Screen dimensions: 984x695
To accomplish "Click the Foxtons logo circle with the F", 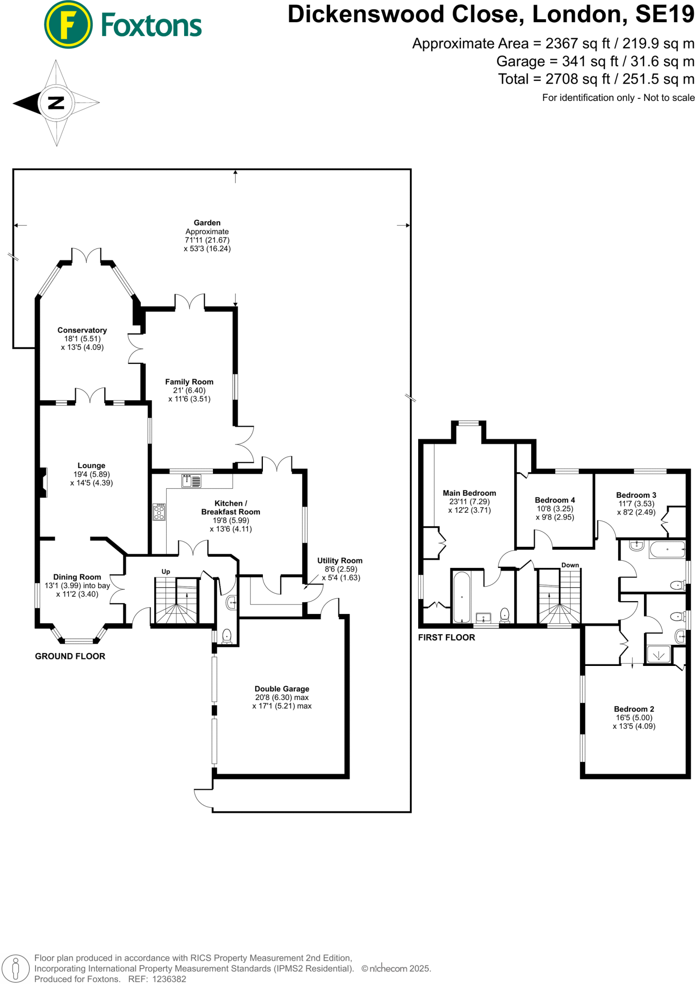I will coord(68,25).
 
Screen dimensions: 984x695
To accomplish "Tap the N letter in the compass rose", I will coord(56,102).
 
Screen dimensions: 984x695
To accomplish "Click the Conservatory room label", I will coord(82,330).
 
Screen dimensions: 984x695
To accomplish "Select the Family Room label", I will coord(189,382).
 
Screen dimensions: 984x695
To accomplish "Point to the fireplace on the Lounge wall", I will coord(43,482).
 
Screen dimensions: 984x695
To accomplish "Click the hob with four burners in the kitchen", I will coord(159,512).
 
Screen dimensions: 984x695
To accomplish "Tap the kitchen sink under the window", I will coord(191,480).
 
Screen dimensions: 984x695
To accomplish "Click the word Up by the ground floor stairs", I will coord(166,571).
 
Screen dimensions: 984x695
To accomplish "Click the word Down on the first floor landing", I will coord(570,565).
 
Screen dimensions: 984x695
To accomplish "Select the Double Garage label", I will coord(282,689).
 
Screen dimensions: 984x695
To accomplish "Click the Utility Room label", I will coord(340,560).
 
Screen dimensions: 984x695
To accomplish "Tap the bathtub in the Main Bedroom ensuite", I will coord(462,597).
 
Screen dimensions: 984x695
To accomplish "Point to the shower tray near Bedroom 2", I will coord(658,654).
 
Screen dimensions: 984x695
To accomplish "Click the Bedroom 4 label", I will coord(555,500).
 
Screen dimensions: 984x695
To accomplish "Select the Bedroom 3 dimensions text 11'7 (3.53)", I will coord(636,504).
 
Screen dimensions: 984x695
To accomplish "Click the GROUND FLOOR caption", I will coord(70,656).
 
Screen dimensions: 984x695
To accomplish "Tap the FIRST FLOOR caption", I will coord(447,638).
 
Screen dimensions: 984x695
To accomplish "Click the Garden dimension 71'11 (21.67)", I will coord(207,240).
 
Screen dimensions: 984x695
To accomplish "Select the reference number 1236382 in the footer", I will coord(169,979).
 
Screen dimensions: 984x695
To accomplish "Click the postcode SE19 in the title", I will coord(665,14).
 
